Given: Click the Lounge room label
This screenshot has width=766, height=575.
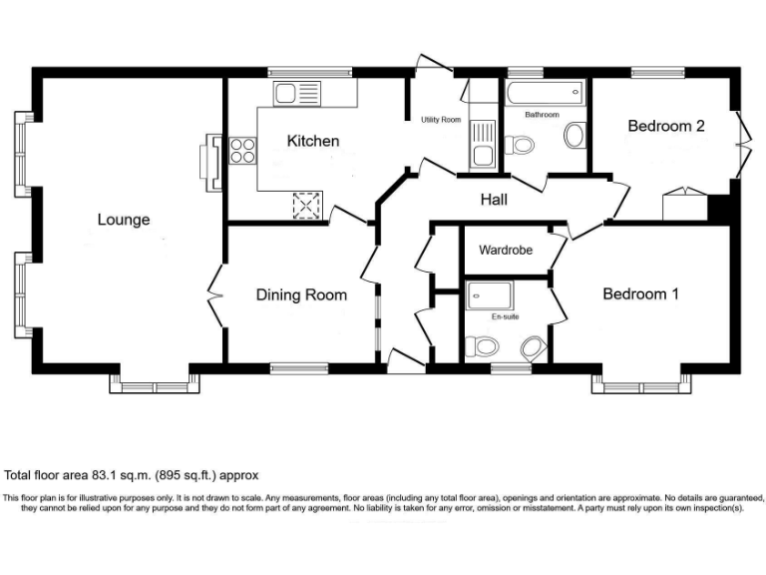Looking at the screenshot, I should (x=124, y=220).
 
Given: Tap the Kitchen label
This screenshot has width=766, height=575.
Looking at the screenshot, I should (x=313, y=142).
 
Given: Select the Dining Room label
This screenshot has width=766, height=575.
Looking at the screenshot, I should (x=301, y=294).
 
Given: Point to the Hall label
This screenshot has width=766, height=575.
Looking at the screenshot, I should (x=494, y=200).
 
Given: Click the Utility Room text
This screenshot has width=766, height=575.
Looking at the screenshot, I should (x=441, y=120).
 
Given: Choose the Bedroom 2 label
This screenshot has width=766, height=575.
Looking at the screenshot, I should (x=666, y=126).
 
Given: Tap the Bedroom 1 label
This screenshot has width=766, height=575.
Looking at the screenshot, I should (x=640, y=294).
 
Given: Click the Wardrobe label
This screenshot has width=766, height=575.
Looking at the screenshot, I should (x=508, y=250).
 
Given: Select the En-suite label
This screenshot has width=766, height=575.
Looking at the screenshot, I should (x=505, y=316).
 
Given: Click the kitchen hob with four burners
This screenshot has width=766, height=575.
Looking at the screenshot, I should (x=242, y=152).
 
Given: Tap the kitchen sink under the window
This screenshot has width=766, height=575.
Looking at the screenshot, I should (x=297, y=95).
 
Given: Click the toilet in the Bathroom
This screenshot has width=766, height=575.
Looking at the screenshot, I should (x=518, y=146).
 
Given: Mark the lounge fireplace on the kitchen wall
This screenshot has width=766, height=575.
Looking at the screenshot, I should (x=211, y=162).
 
